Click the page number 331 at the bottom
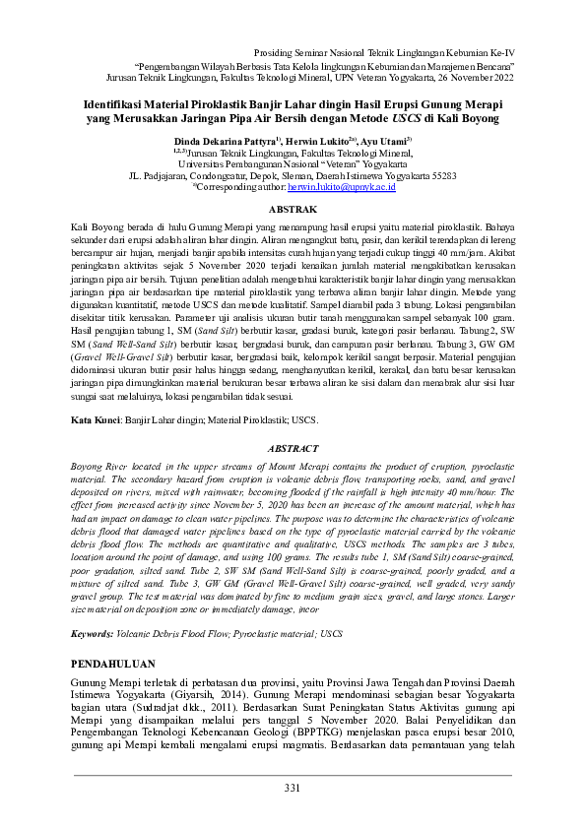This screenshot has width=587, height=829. [293, 788]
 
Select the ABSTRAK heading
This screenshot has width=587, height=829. [293, 210]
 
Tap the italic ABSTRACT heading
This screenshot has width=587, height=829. [293, 448]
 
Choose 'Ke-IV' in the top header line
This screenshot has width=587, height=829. [500, 49]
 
